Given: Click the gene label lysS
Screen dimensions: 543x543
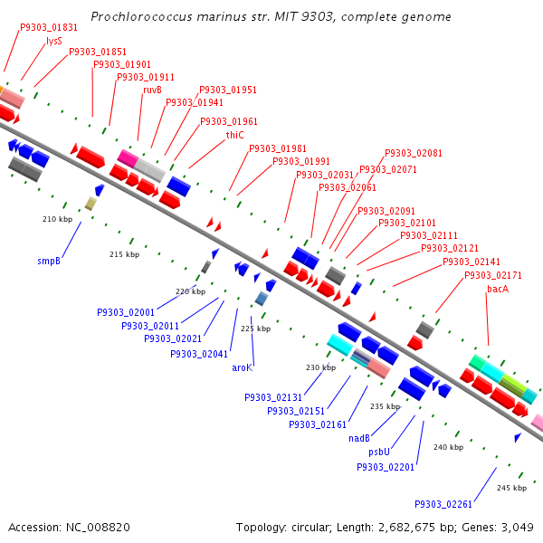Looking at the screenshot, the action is point(54,42).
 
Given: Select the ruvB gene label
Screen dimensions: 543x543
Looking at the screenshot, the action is point(152,90).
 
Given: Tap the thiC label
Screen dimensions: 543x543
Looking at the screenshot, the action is point(234,135).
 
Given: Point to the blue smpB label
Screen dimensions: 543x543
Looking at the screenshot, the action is point(49,261).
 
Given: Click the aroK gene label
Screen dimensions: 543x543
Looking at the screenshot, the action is point(243,367).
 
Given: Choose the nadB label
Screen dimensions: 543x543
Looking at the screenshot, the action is point(359,438).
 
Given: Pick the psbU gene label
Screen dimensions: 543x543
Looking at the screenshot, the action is point(379,452).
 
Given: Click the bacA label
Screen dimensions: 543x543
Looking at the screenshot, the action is point(498,289).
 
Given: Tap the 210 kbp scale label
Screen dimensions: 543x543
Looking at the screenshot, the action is point(58,219).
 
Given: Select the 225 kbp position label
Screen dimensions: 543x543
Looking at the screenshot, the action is point(255,329).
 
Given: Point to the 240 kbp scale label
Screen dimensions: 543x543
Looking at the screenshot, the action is point(449,447).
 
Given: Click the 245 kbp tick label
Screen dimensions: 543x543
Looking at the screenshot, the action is point(512,488).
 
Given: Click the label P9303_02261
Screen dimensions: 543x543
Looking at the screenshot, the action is point(443,504).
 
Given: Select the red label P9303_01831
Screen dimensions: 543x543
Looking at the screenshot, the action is point(49,28).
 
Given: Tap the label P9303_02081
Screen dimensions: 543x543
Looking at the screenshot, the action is point(414,153).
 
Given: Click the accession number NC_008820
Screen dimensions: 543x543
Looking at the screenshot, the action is point(98,528).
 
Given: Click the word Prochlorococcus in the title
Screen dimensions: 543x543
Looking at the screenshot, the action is point(141,17).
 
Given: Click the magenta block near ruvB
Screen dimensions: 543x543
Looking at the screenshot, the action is point(128,158).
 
